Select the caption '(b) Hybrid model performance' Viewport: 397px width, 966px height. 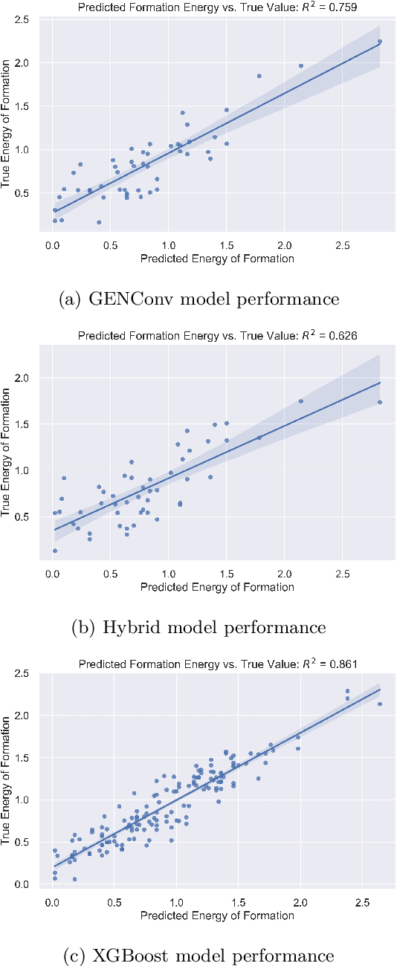[198, 627]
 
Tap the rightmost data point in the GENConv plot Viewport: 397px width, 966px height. [379, 42]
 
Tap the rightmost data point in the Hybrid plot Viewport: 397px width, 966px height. [379, 402]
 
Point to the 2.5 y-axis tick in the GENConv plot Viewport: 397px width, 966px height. [25, 19]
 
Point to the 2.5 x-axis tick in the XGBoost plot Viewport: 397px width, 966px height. [363, 902]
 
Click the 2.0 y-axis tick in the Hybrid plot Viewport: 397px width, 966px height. [25, 378]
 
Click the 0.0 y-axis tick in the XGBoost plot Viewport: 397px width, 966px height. [25, 884]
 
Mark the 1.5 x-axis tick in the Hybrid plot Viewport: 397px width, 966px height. [226, 574]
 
